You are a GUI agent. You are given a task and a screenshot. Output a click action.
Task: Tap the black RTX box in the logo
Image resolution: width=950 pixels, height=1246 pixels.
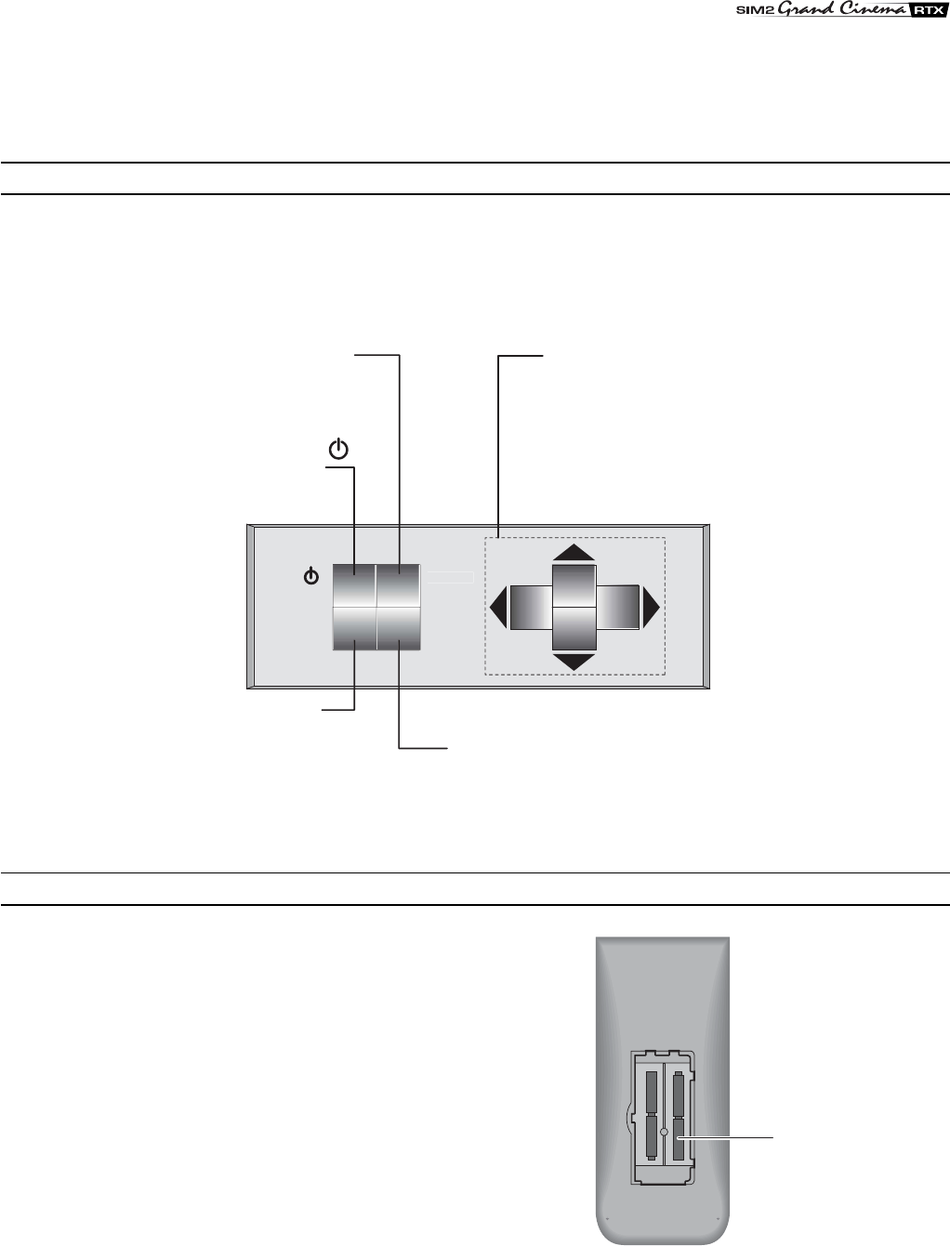pos(928,10)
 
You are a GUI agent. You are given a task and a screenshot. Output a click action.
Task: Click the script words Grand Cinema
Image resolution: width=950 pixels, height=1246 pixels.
pos(843,9)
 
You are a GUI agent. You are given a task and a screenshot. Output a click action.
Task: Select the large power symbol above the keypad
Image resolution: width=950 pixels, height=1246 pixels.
pos(338,449)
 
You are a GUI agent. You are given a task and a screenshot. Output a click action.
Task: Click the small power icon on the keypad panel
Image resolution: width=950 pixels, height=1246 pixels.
pos(311,577)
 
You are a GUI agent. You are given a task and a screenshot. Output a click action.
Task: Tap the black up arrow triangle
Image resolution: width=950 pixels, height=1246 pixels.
pos(574,552)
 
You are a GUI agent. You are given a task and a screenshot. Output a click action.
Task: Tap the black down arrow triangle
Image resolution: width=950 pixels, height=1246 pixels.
pos(574,662)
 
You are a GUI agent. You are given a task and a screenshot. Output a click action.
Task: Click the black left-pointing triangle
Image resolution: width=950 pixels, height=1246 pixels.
pos(498,608)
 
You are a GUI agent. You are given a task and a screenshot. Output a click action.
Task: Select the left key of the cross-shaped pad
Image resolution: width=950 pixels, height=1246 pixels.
pos(532,608)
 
